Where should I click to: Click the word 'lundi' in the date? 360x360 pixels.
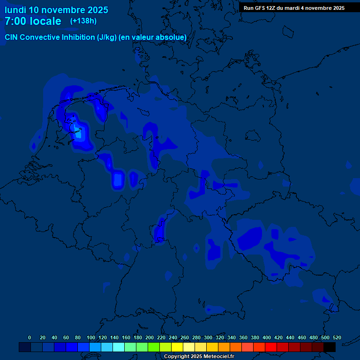pos(15,10)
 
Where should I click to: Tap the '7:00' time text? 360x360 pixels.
pos(16,22)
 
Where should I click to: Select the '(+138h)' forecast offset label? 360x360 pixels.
pos(83,21)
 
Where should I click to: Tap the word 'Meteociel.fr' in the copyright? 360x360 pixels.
pos(217,357)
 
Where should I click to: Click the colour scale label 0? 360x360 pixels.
pos(30,338)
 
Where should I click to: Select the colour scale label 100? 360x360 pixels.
pos(90,338)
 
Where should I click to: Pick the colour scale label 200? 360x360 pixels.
pos(149,338)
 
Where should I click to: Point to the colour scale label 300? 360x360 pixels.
pos(208,338)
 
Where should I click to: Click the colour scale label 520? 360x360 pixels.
pos(337,338)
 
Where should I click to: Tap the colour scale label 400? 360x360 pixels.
pos(266,338)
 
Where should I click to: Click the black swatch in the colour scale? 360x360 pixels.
pos(330,347)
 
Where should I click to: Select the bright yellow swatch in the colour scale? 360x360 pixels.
pos(177,347)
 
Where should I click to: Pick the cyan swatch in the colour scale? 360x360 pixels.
pos(119,347)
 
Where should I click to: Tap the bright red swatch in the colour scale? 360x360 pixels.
pos(271,347)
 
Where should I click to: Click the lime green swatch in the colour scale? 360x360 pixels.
pos(154,347)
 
